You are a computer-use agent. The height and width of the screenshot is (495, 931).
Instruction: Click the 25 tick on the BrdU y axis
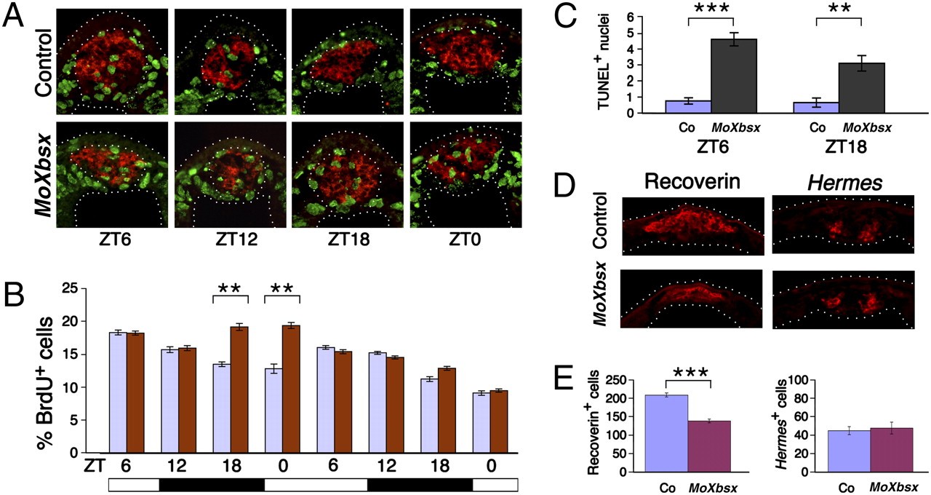click(x=71, y=288)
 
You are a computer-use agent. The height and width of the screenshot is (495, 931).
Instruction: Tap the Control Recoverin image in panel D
click(x=692, y=226)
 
